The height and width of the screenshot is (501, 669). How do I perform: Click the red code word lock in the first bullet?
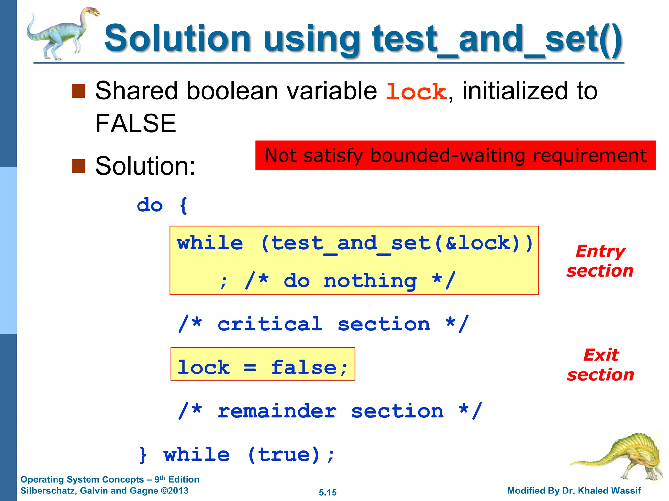(416, 92)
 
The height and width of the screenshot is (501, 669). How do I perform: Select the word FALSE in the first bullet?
(136, 124)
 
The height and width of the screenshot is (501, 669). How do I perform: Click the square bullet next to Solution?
(78, 166)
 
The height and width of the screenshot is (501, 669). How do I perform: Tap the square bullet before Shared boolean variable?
(78, 91)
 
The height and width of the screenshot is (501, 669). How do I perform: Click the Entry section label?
(600, 261)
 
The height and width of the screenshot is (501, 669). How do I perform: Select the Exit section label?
(600, 365)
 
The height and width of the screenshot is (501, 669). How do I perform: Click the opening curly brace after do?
(184, 205)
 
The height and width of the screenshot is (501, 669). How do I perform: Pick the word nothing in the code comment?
(370, 281)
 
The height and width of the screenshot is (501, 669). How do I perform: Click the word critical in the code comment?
(270, 324)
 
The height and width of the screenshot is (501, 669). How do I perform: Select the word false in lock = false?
(304, 368)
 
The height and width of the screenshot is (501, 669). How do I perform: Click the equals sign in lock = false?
(250, 368)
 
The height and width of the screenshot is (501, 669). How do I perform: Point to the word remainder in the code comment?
(277, 411)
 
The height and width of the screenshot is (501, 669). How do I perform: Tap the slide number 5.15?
(328, 493)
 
